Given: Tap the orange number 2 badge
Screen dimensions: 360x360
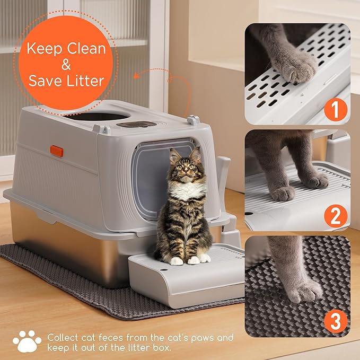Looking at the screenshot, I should (x=335, y=216).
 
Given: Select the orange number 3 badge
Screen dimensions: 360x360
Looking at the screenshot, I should (x=335, y=321).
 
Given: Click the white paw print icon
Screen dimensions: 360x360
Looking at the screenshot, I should (x=26, y=341).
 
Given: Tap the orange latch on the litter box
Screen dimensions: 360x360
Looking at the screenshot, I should (x=57, y=151).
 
